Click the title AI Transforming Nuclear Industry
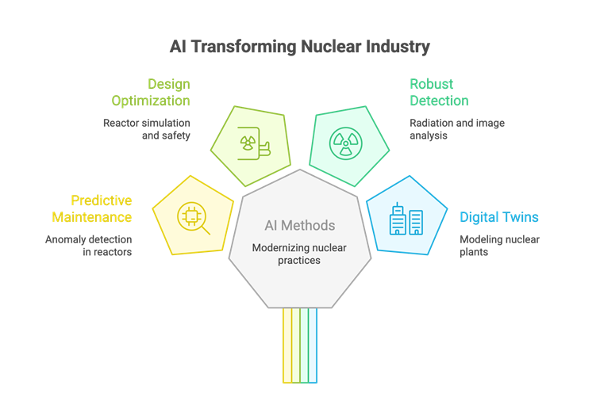point(300,47)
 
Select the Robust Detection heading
point(439,93)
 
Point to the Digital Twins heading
point(499,217)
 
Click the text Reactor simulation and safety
point(146,129)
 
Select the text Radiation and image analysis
point(456,129)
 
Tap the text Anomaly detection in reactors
point(88,246)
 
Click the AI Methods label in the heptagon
point(299,226)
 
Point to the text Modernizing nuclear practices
point(299,254)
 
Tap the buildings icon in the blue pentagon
point(406,218)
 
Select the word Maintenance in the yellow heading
point(92,217)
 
